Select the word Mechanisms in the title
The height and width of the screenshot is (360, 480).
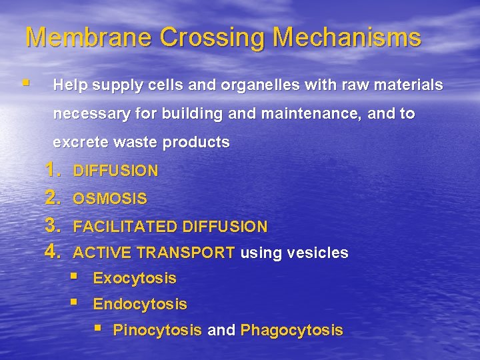point(347,37)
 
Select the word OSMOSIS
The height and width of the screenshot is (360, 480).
point(110,199)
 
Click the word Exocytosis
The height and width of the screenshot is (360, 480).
point(135,278)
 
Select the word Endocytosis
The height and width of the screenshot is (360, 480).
point(140,305)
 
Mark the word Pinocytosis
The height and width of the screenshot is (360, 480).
point(157,330)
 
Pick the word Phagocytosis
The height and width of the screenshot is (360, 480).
point(291,330)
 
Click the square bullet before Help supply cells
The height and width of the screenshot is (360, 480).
point(25,84)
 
